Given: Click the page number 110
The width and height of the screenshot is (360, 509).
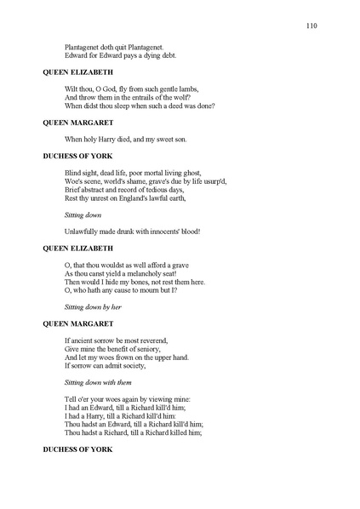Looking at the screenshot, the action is tap(311, 26).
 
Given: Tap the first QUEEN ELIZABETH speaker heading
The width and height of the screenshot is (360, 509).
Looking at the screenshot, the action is tap(78, 72).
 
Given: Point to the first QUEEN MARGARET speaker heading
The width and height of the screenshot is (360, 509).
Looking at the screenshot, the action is tap(78, 123).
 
